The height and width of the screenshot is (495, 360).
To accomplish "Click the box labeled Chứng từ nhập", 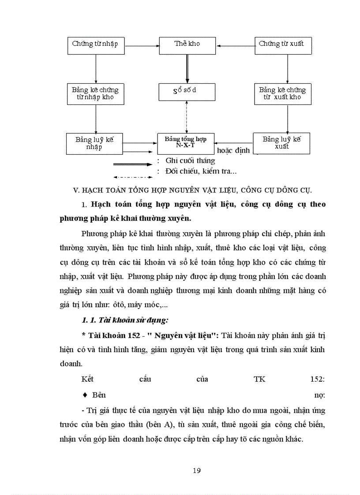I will [96, 44].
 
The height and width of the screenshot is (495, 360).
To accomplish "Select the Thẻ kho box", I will [187, 44].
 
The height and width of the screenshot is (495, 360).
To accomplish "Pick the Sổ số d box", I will [187, 91].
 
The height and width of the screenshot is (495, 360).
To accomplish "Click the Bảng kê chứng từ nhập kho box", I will [96, 93].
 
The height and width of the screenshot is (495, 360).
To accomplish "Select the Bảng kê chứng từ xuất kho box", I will [282, 93].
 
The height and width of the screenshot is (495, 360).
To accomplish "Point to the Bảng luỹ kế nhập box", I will [94, 143].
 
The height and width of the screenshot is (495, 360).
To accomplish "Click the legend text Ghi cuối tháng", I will [190, 160].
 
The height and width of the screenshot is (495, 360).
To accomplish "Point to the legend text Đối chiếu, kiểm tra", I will [197, 171].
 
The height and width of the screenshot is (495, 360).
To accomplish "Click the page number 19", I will [197, 471].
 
